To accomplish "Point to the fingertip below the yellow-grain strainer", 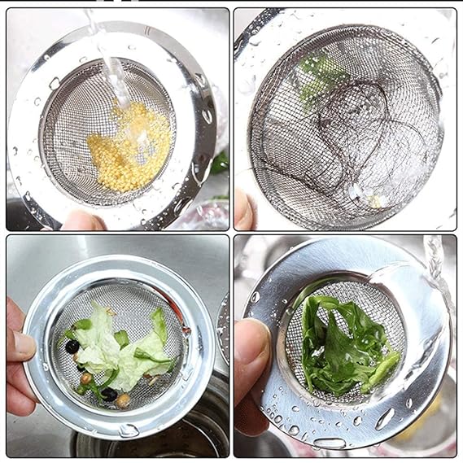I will (81, 221).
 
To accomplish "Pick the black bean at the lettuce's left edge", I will (72, 346).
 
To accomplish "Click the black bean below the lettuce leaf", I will (108, 395).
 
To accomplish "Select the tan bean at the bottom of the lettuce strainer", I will (123, 400).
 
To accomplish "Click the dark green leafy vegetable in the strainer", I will (346, 346).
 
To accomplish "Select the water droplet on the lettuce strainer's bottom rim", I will (128, 430).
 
